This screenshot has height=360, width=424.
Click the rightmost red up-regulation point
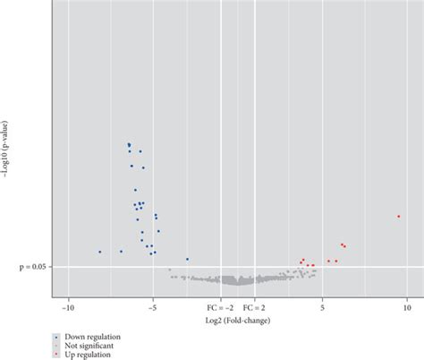pos(399,217)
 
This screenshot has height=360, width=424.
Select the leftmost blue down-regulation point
pos(100,252)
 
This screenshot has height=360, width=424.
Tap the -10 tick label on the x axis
pos(69,308)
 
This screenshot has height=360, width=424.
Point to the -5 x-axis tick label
pos(153,308)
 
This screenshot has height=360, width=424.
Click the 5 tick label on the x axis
pos(322,308)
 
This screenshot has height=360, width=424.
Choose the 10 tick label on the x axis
pos(407,308)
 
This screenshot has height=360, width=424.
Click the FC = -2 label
pos(220,308)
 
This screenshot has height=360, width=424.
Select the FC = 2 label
pos(254,308)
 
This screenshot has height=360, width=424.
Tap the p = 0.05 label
pos(33,267)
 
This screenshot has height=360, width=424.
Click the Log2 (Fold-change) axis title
pos(238,321)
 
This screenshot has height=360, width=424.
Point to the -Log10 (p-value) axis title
pos(5,150)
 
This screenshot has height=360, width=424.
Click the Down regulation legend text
pos(93,337)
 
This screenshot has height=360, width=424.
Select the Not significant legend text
pos(89,346)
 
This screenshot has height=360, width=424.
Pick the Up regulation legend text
pos(88,355)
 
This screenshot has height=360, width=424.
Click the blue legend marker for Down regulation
pos(56,337)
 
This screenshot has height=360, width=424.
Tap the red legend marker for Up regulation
pos(56,355)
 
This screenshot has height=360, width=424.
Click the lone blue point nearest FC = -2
pos(187,260)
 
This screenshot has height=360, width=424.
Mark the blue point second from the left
pos(121,252)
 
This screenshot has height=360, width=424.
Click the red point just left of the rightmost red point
pos(344,246)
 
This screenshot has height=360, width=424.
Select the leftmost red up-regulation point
pos(301,262)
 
